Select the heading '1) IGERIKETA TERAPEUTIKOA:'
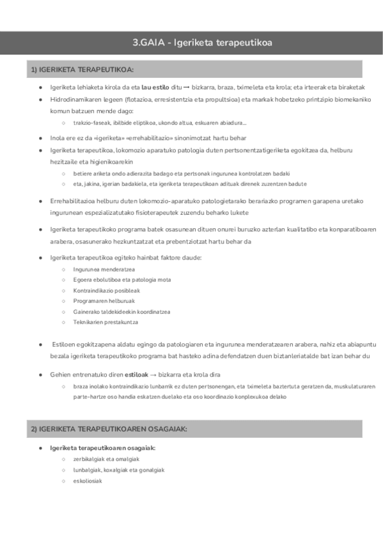pyautogui.click(x=82, y=69)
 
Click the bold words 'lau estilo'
pyautogui.click(x=156, y=87)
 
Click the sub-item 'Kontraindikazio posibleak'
pyautogui.click(x=106, y=290)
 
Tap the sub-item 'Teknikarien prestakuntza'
pyautogui.click(x=106, y=322)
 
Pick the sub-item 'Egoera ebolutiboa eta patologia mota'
pyautogui.click(x=121, y=279)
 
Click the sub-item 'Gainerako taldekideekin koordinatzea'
pyautogui.click(x=121, y=311)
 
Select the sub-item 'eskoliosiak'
pyautogui.click(x=88, y=481)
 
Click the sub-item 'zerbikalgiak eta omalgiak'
pyautogui.click(x=106, y=459)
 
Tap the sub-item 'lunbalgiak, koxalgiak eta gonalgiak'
pyautogui.click(x=119, y=470)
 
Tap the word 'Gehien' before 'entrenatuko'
pyautogui.click(x=59, y=375)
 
